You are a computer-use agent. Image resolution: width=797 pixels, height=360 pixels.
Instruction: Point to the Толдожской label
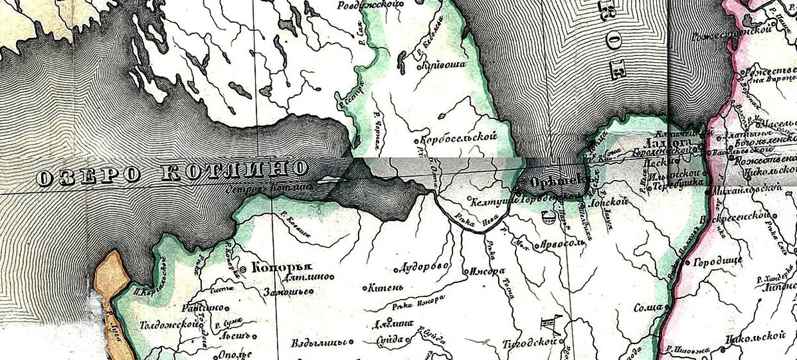[x=169, y=325]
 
